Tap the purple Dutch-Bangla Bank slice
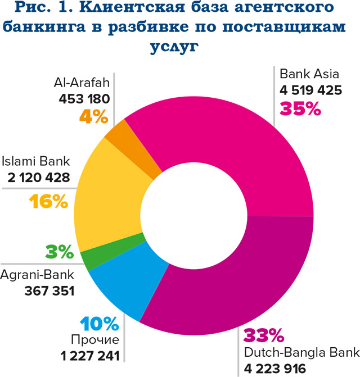[236, 281]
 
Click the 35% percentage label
[301, 108]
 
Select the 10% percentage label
[100, 324]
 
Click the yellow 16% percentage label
[46, 201]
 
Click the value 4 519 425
[310, 90]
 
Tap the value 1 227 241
[90, 356]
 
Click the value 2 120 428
[39, 178]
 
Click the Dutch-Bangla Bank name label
[301, 353]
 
